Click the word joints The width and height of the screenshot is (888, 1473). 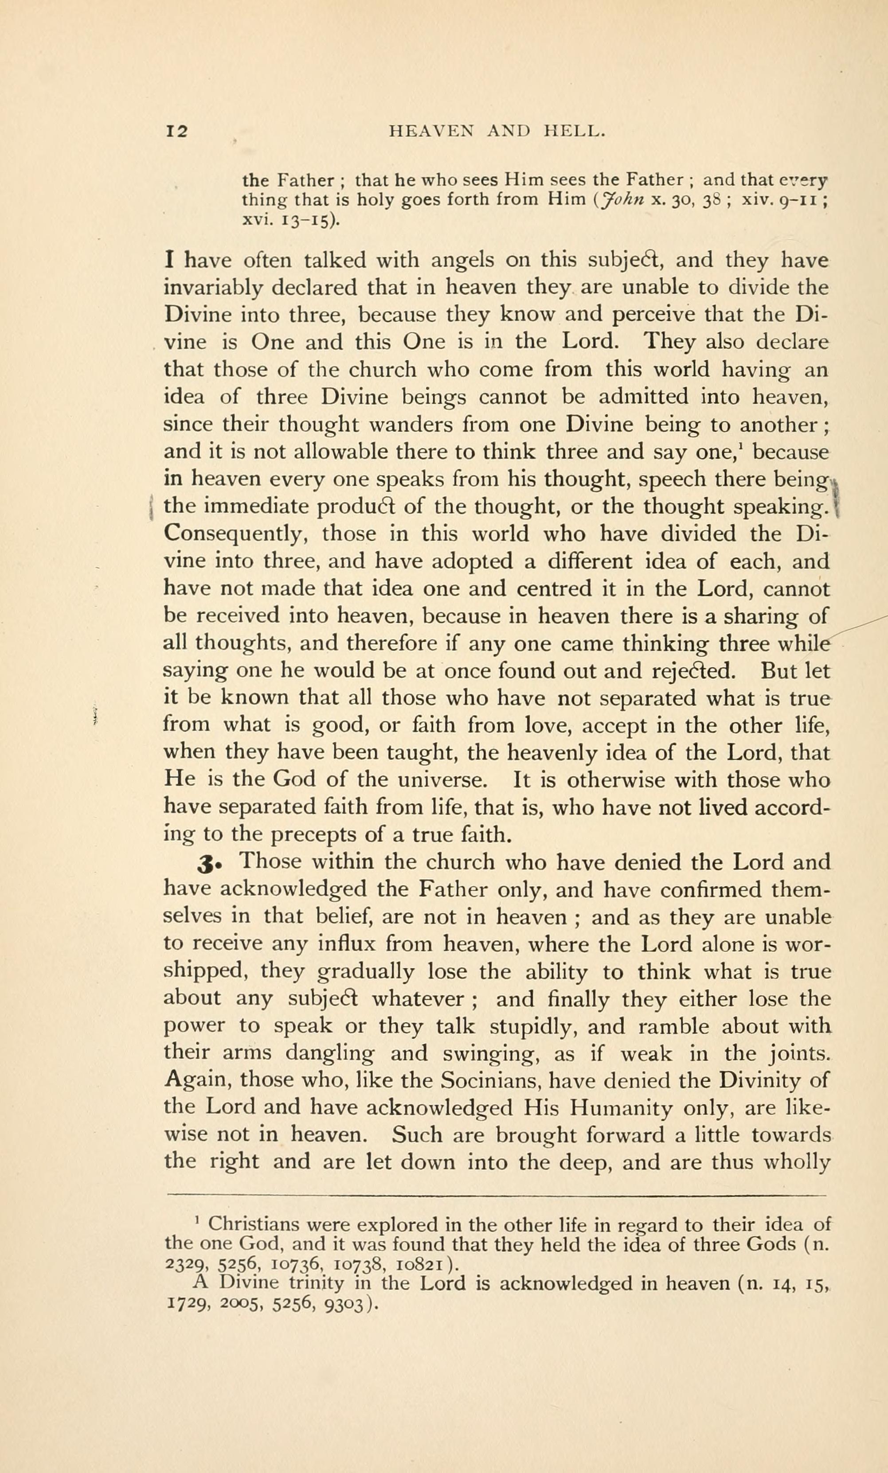tap(798, 1053)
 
